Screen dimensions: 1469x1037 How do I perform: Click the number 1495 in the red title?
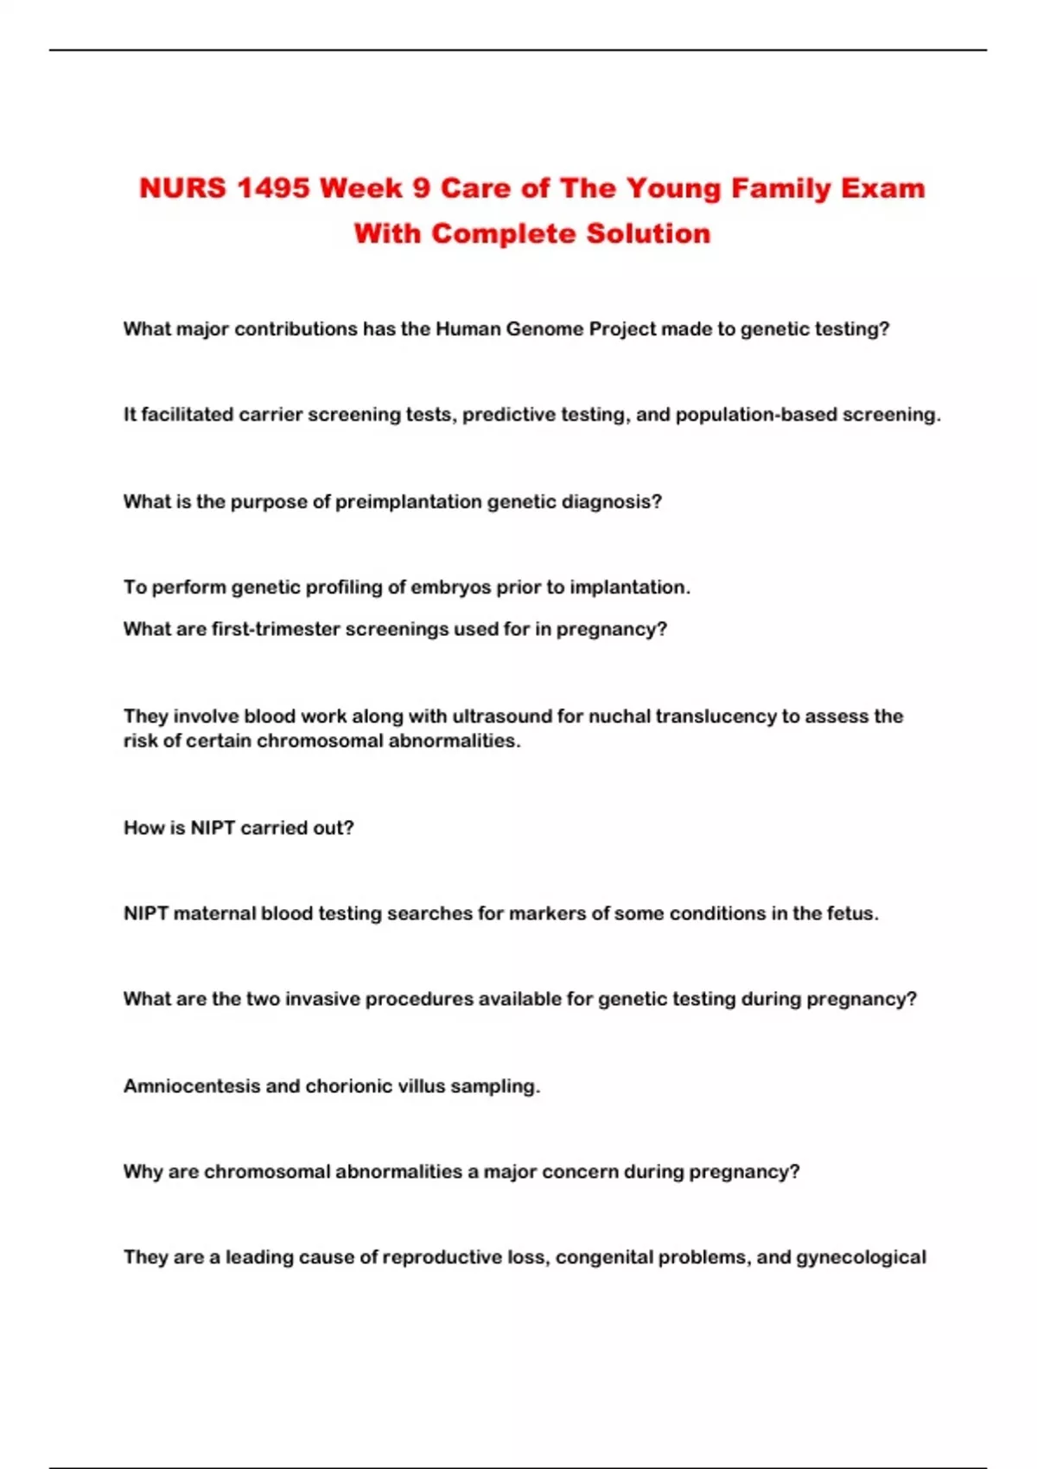[272, 188]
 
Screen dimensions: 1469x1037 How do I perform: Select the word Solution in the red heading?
[648, 233]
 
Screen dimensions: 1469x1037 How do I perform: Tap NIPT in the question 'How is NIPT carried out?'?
[213, 828]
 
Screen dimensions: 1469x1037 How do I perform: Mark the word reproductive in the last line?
[442, 1257]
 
